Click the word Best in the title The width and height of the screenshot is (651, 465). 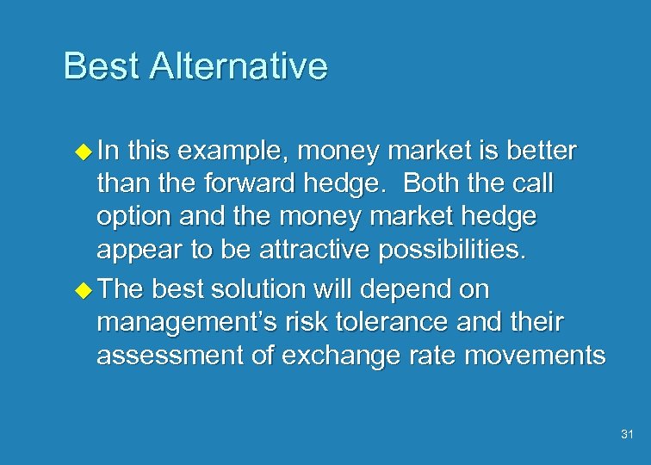101,66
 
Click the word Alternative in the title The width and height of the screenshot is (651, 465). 238,66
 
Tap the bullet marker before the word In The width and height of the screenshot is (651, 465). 83,152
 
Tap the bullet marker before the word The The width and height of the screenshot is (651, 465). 83,288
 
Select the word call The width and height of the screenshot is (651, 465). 532,184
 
